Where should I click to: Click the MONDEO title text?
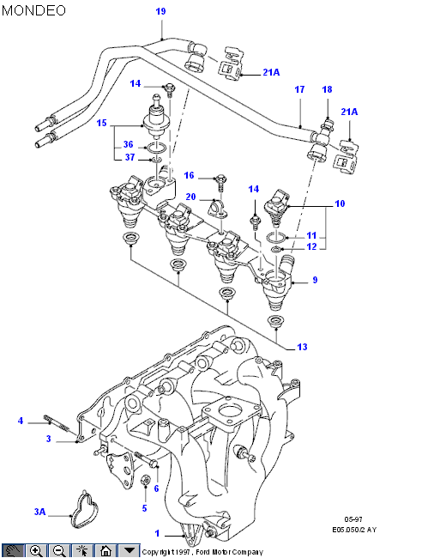point(33,10)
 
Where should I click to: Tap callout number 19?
point(160,11)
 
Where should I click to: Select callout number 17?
point(300,89)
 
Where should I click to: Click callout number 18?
point(327,89)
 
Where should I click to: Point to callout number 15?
point(102,123)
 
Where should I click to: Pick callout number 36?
point(129,144)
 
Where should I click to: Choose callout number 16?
point(189,175)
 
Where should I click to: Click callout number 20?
point(191,197)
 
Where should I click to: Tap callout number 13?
point(302,347)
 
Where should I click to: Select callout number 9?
point(315,280)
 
